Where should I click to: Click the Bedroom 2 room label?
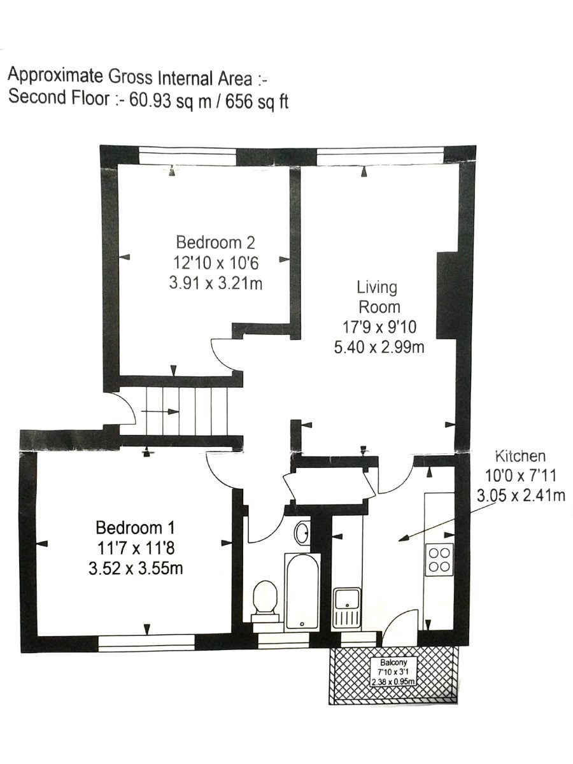click(x=216, y=243)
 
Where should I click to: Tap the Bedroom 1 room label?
click(x=135, y=528)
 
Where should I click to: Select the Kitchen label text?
click(x=520, y=456)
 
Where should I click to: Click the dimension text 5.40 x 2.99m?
click(x=379, y=347)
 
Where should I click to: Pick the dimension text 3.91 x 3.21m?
click(x=216, y=284)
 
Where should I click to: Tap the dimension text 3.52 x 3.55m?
click(x=136, y=569)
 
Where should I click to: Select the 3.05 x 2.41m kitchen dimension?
click(x=521, y=495)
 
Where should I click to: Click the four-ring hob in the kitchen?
click(x=440, y=560)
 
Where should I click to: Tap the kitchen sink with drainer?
click(x=346, y=607)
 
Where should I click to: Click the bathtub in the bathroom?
click(x=302, y=591)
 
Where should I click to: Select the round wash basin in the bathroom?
click(x=302, y=532)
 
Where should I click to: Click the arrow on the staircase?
click(x=160, y=411)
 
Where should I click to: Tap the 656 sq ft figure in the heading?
click(x=257, y=101)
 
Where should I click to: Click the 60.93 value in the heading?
click(x=150, y=100)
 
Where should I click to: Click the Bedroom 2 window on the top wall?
click(x=188, y=155)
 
